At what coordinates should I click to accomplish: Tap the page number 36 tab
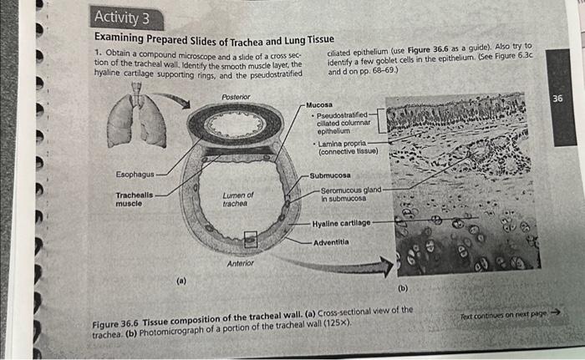559,99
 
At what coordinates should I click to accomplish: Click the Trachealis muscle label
134,200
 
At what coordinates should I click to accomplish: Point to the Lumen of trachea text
238,200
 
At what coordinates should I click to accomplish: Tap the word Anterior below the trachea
241,264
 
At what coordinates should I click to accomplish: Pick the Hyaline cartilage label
339,224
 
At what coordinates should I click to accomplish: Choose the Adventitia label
332,242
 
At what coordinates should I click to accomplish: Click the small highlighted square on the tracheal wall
250,242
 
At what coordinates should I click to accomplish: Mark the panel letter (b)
403,289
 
